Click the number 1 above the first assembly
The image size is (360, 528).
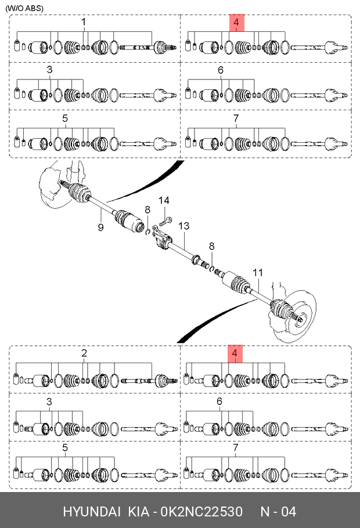pos(84,22)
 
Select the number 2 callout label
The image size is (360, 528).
pos(84,353)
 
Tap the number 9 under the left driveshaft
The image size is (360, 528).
pos(100,227)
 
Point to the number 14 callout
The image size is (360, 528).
pos(165,201)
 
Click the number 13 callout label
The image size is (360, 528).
pos(184,226)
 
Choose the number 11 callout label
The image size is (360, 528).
pos(258,272)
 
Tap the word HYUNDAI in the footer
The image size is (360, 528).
pos(92,512)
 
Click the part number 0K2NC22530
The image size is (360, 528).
pos(201,512)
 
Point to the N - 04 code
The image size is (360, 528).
pos(278,512)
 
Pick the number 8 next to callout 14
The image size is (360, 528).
pos(147,209)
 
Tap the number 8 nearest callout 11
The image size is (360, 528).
pos(212,247)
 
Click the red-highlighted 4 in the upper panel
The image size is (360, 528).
pos(235,23)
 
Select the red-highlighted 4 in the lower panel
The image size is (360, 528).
pos(235,353)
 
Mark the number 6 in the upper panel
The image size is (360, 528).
pos(221,71)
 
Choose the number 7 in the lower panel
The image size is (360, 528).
pos(236,448)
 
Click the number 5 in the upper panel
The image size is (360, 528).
pos(65,118)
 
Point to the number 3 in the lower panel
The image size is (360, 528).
pos(49,402)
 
